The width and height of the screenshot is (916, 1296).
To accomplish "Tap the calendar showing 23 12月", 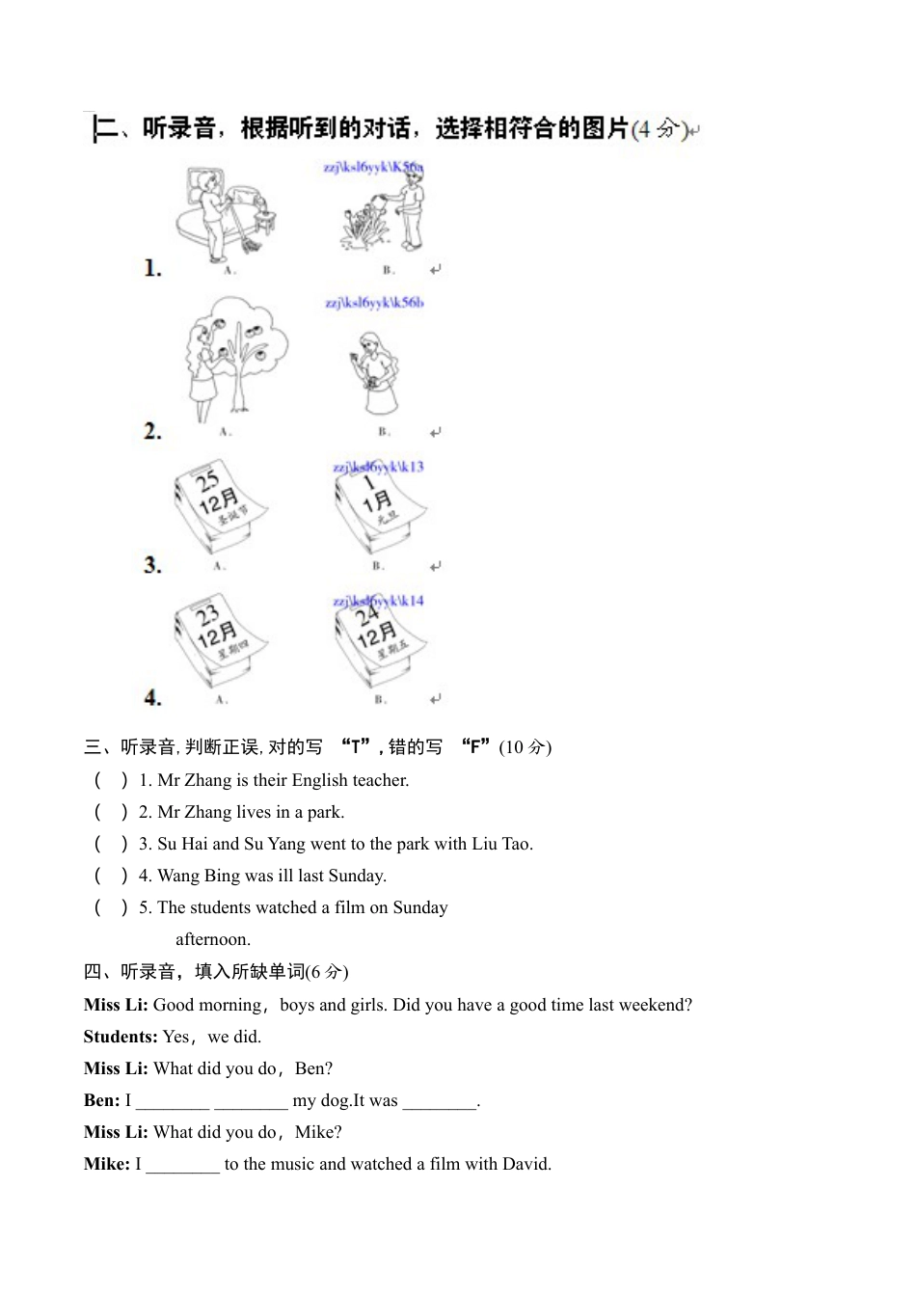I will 219,641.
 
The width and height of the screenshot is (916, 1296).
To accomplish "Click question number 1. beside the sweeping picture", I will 152,268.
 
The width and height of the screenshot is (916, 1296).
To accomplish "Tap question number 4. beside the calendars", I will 152,696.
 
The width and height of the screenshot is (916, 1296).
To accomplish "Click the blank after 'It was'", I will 439,1101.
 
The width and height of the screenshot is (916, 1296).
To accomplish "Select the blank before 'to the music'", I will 183,1165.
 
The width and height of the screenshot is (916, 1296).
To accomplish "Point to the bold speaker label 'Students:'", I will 121,1037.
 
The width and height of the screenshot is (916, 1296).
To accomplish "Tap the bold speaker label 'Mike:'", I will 107,1164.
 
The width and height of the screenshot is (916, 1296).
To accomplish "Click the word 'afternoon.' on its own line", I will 213,939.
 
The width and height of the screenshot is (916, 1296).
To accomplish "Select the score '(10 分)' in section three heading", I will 525,747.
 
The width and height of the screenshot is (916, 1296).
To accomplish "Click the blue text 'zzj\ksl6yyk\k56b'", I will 374,303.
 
